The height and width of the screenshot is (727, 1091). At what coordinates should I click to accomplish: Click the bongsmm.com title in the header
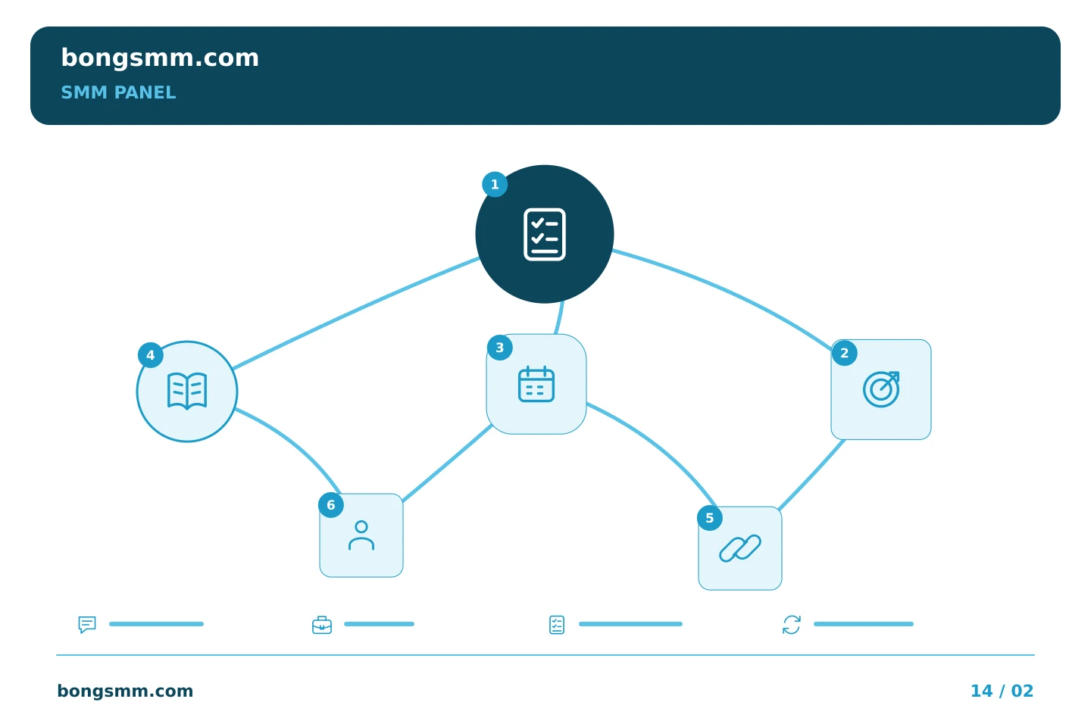click(x=160, y=58)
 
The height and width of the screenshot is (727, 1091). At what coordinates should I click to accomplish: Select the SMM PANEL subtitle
click(x=118, y=92)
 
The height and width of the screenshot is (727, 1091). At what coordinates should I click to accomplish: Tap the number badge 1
click(x=495, y=185)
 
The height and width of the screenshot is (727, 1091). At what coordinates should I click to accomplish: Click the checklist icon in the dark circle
click(x=545, y=234)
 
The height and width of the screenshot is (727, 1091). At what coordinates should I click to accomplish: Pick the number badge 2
click(x=845, y=353)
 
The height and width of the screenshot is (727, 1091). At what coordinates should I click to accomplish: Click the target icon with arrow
click(x=881, y=389)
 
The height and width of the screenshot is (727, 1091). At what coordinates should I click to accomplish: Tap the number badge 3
click(x=500, y=348)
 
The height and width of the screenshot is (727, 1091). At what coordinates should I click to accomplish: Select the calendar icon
click(x=536, y=384)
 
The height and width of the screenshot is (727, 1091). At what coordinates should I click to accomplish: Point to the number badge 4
click(x=151, y=355)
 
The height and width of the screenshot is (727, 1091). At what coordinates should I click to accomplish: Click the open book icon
click(x=187, y=392)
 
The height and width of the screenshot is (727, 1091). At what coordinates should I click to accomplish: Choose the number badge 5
click(x=710, y=518)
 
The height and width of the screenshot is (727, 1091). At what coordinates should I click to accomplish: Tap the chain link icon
click(x=739, y=548)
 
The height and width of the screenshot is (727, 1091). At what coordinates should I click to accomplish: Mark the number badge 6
click(x=331, y=505)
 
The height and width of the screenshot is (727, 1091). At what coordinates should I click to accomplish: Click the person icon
click(x=361, y=535)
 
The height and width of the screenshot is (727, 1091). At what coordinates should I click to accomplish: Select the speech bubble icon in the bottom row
click(x=87, y=624)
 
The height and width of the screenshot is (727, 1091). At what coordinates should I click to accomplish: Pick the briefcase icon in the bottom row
click(x=322, y=625)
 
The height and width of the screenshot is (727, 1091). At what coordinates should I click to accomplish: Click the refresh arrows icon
click(x=792, y=625)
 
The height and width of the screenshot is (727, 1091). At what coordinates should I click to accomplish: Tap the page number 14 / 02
click(x=1002, y=691)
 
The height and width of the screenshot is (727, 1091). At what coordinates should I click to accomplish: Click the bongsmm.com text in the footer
click(x=125, y=691)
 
